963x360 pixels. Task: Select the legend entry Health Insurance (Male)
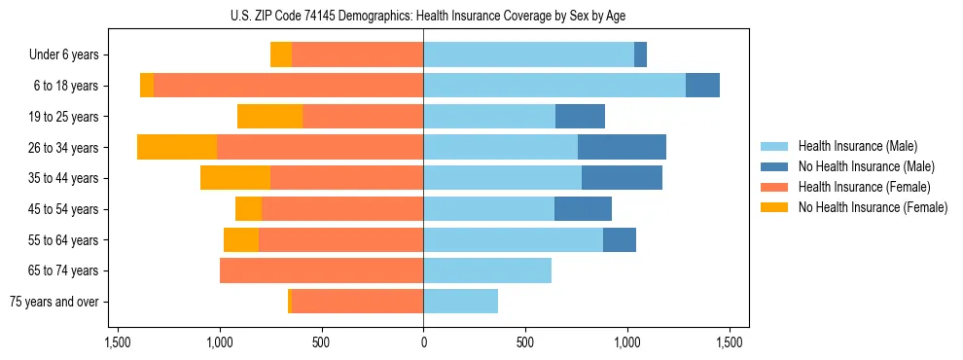(x=851, y=146)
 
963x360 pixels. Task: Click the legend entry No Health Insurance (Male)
(x=851, y=166)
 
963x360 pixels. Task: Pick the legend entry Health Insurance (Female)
(x=851, y=187)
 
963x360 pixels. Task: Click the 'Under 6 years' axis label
(x=64, y=55)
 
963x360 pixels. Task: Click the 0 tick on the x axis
(x=423, y=342)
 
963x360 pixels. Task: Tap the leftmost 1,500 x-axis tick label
(x=117, y=342)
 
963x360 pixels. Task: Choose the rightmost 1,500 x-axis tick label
(x=730, y=342)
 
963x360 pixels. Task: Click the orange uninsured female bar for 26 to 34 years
(x=177, y=147)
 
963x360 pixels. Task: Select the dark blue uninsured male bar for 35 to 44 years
(x=622, y=178)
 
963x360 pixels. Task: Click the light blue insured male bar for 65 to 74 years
(x=487, y=270)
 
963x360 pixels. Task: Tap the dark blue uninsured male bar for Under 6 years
(x=640, y=54)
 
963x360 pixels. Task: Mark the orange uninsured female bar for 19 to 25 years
(x=269, y=117)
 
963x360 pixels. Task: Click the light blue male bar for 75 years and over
(x=460, y=302)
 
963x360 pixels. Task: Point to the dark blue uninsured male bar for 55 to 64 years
(x=620, y=239)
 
